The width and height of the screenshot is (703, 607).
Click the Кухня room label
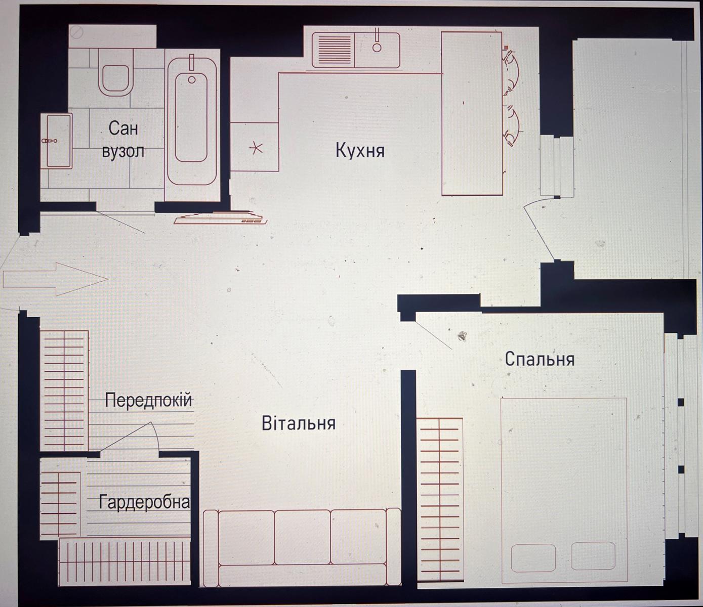tap(360, 151)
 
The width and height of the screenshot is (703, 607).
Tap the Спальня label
tap(540, 359)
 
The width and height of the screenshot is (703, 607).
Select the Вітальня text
tap(299, 423)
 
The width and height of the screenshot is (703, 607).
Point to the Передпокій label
tap(148, 400)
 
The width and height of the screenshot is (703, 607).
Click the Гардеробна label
tap(144, 502)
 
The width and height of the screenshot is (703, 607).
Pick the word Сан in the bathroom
tap(123, 128)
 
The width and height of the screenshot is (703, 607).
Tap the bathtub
tap(192, 121)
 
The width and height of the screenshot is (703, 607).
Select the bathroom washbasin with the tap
tap(57, 141)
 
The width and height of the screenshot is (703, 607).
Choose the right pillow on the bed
tap(593, 556)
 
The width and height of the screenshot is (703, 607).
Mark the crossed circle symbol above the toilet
tap(76, 33)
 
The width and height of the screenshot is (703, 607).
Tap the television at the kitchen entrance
tap(220, 218)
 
